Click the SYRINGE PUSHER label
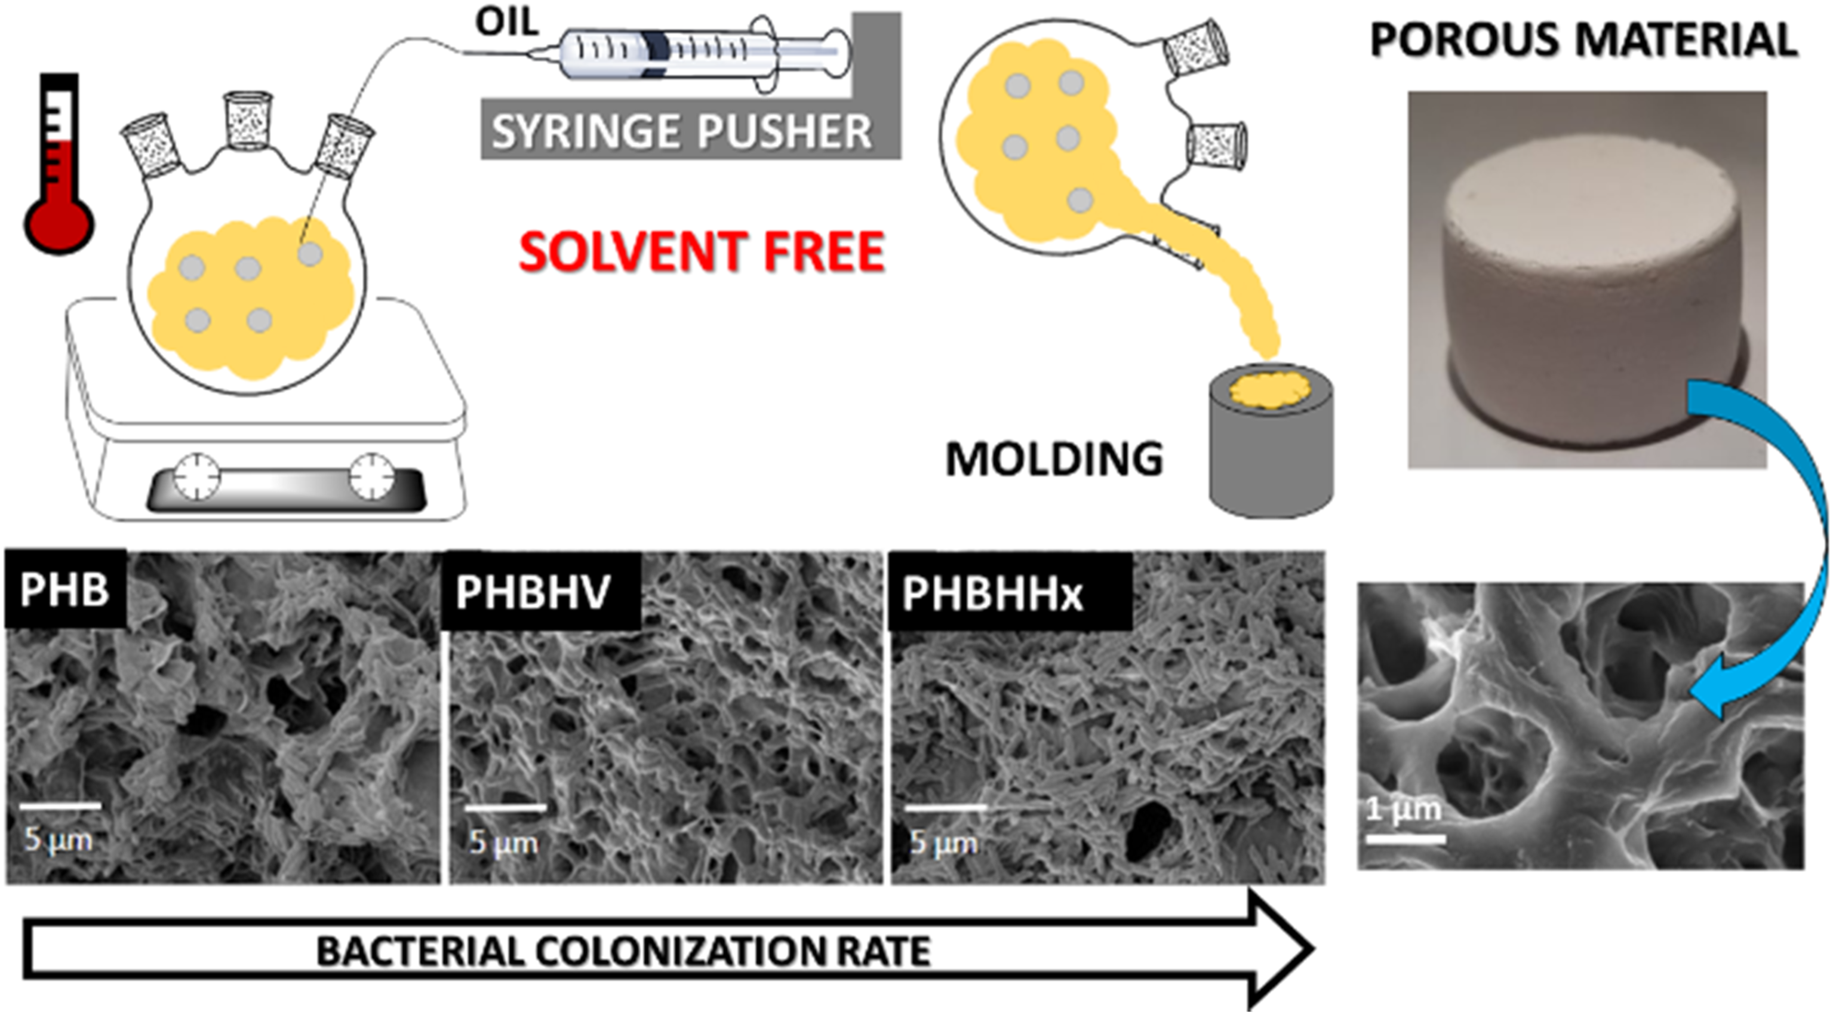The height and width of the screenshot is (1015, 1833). [682, 132]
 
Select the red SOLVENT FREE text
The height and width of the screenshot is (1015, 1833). [702, 251]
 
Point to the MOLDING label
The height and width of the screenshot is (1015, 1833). [1054, 460]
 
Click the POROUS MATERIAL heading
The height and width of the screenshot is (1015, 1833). [1584, 39]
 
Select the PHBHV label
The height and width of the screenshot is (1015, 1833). [533, 592]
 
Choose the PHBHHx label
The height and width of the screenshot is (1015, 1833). [993, 593]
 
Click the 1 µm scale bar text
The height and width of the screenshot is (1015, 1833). [1403, 809]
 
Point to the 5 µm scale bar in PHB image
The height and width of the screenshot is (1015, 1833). [60, 806]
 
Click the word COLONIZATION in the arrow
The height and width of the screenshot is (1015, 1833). [683, 951]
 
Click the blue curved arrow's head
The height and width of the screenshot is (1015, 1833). [1714, 697]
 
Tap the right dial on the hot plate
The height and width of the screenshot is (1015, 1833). [371, 475]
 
